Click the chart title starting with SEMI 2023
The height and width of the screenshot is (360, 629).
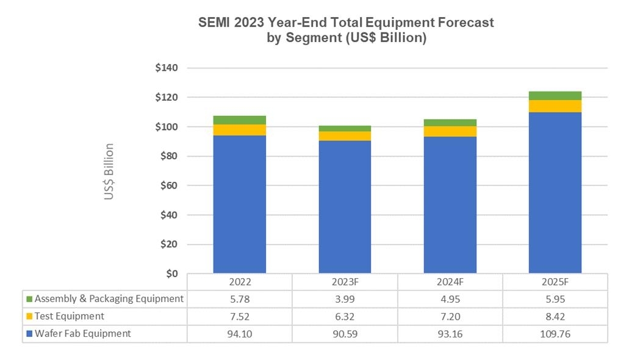click(x=346, y=30)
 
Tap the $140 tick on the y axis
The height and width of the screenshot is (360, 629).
click(x=166, y=68)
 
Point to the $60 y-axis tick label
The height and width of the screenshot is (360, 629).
click(x=168, y=185)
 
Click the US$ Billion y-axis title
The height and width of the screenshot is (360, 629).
click(x=109, y=172)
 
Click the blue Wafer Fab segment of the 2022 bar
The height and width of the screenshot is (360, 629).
click(x=239, y=204)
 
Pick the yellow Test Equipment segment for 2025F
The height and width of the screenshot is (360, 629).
click(x=555, y=106)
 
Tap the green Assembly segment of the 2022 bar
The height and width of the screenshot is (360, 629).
click(x=239, y=120)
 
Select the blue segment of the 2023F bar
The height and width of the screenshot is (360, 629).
click(x=345, y=207)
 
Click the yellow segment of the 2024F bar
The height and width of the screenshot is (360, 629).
click(x=450, y=131)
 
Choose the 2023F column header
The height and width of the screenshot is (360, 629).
click(x=345, y=283)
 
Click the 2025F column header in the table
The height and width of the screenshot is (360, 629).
click(x=555, y=283)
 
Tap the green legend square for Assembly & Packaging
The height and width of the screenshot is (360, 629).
click(x=29, y=300)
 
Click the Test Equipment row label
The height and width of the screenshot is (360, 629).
click(x=69, y=316)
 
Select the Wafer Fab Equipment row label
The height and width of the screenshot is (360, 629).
click(x=82, y=333)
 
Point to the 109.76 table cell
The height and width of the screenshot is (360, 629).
click(x=555, y=334)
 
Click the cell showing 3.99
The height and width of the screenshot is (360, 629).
click(x=345, y=300)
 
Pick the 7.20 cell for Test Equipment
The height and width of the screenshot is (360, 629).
click(x=450, y=317)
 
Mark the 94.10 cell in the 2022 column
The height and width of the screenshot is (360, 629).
click(x=239, y=334)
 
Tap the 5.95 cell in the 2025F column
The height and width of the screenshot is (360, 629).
click(x=555, y=300)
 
